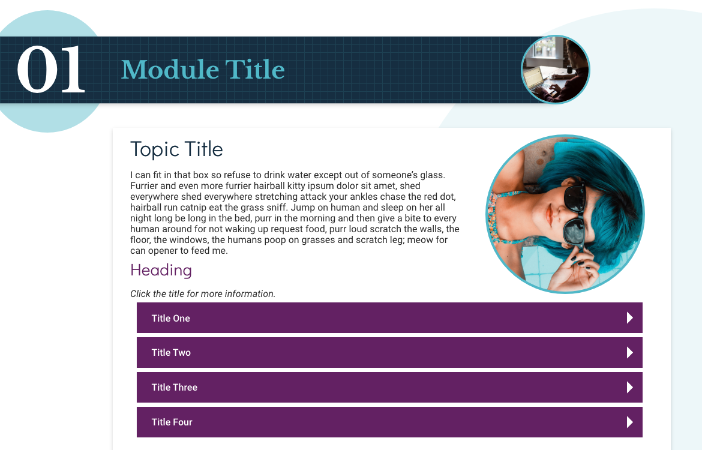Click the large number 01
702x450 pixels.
(x=50, y=70)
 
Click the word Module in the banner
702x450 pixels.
(x=170, y=70)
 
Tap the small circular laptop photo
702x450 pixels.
(x=555, y=70)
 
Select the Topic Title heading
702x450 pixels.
(x=176, y=149)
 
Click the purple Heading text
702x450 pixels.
(x=161, y=270)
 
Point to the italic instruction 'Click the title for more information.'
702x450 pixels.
(x=203, y=294)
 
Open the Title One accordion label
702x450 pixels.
(x=170, y=319)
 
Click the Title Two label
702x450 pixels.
(x=171, y=352)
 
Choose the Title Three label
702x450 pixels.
(x=174, y=388)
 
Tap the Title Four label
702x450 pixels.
(x=172, y=422)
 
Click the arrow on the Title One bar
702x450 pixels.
(x=630, y=318)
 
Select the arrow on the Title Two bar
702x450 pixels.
(x=630, y=352)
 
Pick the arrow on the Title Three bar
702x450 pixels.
(x=630, y=388)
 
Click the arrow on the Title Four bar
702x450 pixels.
(x=630, y=422)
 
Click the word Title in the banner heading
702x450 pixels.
(x=255, y=70)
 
